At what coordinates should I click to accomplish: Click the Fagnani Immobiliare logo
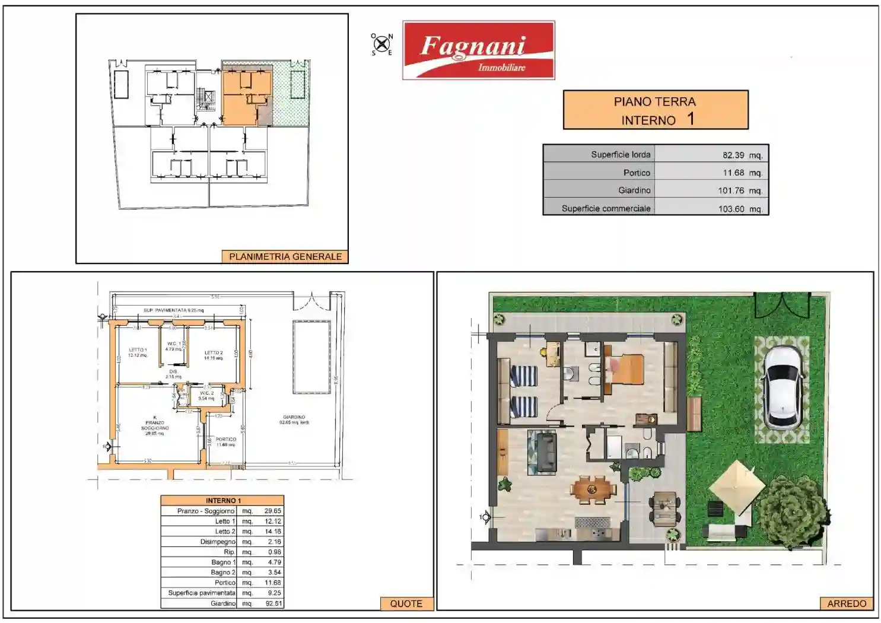point(478,50)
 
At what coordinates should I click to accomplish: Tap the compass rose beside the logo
point(382,44)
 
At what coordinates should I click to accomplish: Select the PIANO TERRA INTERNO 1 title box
point(655,110)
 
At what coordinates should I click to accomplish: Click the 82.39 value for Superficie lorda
point(733,155)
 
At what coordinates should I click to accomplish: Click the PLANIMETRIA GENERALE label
point(285,256)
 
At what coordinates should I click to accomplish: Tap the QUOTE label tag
point(406,603)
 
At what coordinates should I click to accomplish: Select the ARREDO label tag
point(847,603)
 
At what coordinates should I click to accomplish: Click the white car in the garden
point(783,388)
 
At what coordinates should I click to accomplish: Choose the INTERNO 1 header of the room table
point(222,500)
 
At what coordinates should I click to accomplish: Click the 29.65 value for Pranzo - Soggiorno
point(272,511)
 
